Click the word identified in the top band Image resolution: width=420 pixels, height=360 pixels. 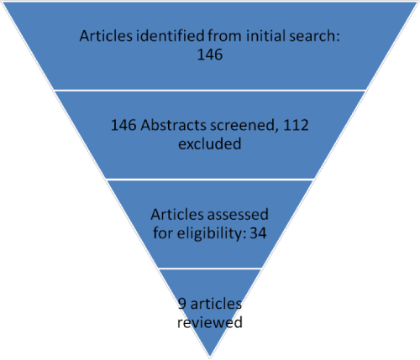[x=171, y=36]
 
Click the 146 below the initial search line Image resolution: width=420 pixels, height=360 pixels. [x=210, y=55]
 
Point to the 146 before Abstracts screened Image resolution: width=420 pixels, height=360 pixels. [x=123, y=125]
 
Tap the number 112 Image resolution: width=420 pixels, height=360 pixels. [x=296, y=125]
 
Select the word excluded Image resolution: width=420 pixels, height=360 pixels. [x=210, y=143]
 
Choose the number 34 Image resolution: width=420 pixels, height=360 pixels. [x=258, y=233]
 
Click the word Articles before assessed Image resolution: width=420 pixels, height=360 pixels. [x=177, y=215]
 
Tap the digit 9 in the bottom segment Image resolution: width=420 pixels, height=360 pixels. [x=181, y=304]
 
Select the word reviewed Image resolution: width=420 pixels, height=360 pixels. [x=210, y=322]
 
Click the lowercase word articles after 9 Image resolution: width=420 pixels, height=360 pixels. [x=216, y=304]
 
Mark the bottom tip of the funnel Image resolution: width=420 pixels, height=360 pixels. [x=210, y=358]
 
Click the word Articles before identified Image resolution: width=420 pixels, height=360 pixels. [x=106, y=36]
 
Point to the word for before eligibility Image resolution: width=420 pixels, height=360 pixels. [x=163, y=232]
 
